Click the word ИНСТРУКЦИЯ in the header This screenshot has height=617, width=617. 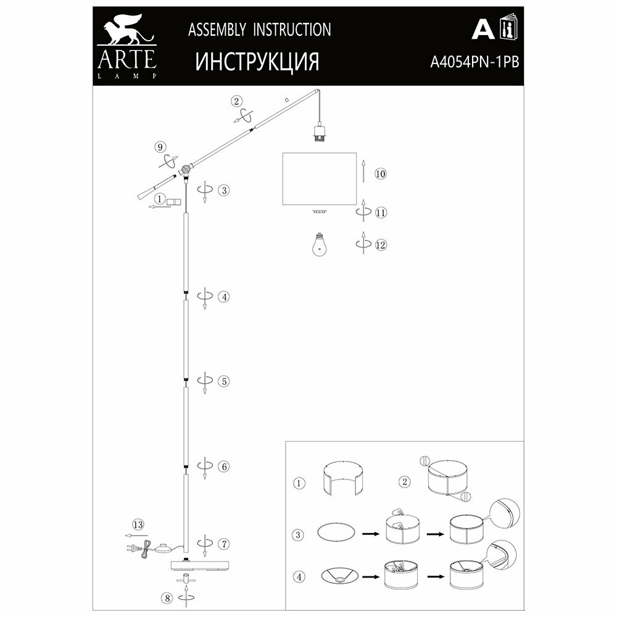click(x=257, y=62)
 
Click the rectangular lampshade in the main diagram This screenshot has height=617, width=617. click(x=319, y=179)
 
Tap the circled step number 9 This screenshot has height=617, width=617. click(x=160, y=147)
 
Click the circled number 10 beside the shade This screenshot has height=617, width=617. click(x=380, y=173)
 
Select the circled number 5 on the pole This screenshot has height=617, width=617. click(x=224, y=381)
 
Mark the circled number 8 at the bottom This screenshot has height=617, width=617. click(x=165, y=598)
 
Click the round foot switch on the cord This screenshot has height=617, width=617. click(x=164, y=547)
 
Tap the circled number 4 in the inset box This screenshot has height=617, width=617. click(x=299, y=578)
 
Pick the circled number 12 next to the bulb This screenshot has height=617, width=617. click(x=380, y=245)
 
